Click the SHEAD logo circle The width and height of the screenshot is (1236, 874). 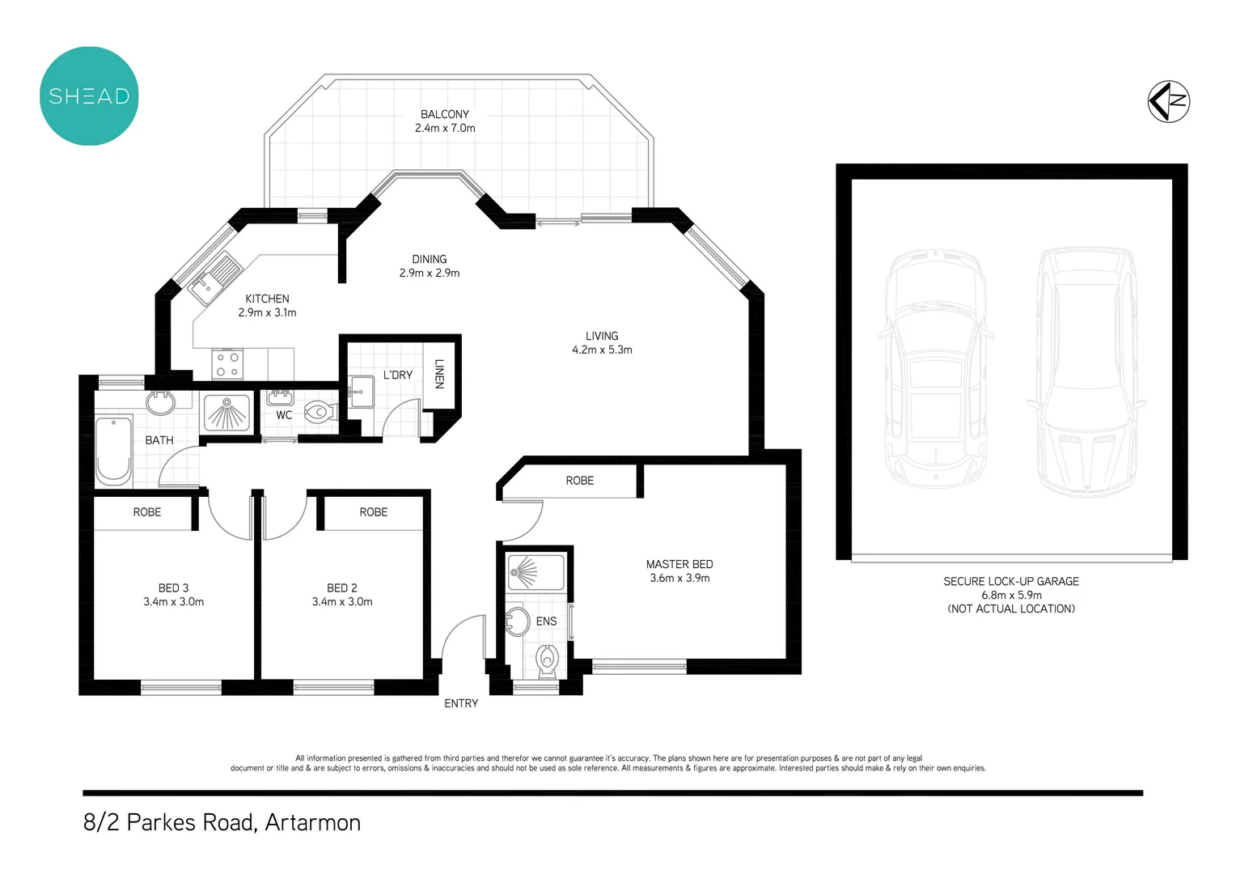click(x=89, y=96)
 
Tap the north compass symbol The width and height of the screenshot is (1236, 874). click(x=1168, y=102)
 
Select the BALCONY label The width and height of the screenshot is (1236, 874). click(x=444, y=114)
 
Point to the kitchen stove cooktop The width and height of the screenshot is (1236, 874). click(x=227, y=364)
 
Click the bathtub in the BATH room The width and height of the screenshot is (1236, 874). click(x=113, y=451)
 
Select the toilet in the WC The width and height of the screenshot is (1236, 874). click(x=320, y=413)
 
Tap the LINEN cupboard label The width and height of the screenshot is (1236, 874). click(x=439, y=374)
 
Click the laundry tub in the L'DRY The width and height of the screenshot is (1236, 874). click(x=361, y=392)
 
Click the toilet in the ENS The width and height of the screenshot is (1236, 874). click(x=548, y=660)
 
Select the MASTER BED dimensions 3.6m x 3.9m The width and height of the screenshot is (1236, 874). click(x=679, y=579)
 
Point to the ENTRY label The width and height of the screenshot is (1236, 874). click(x=461, y=703)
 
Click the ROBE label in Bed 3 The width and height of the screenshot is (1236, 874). click(x=147, y=512)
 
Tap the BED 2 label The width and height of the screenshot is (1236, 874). click(x=341, y=588)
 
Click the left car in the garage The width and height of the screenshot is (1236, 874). click(x=935, y=368)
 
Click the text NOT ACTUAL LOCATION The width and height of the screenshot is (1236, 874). click(x=1011, y=609)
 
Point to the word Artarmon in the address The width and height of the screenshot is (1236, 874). click(x=312, y=822)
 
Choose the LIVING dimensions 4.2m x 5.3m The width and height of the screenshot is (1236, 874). click(x=602, y=350)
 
